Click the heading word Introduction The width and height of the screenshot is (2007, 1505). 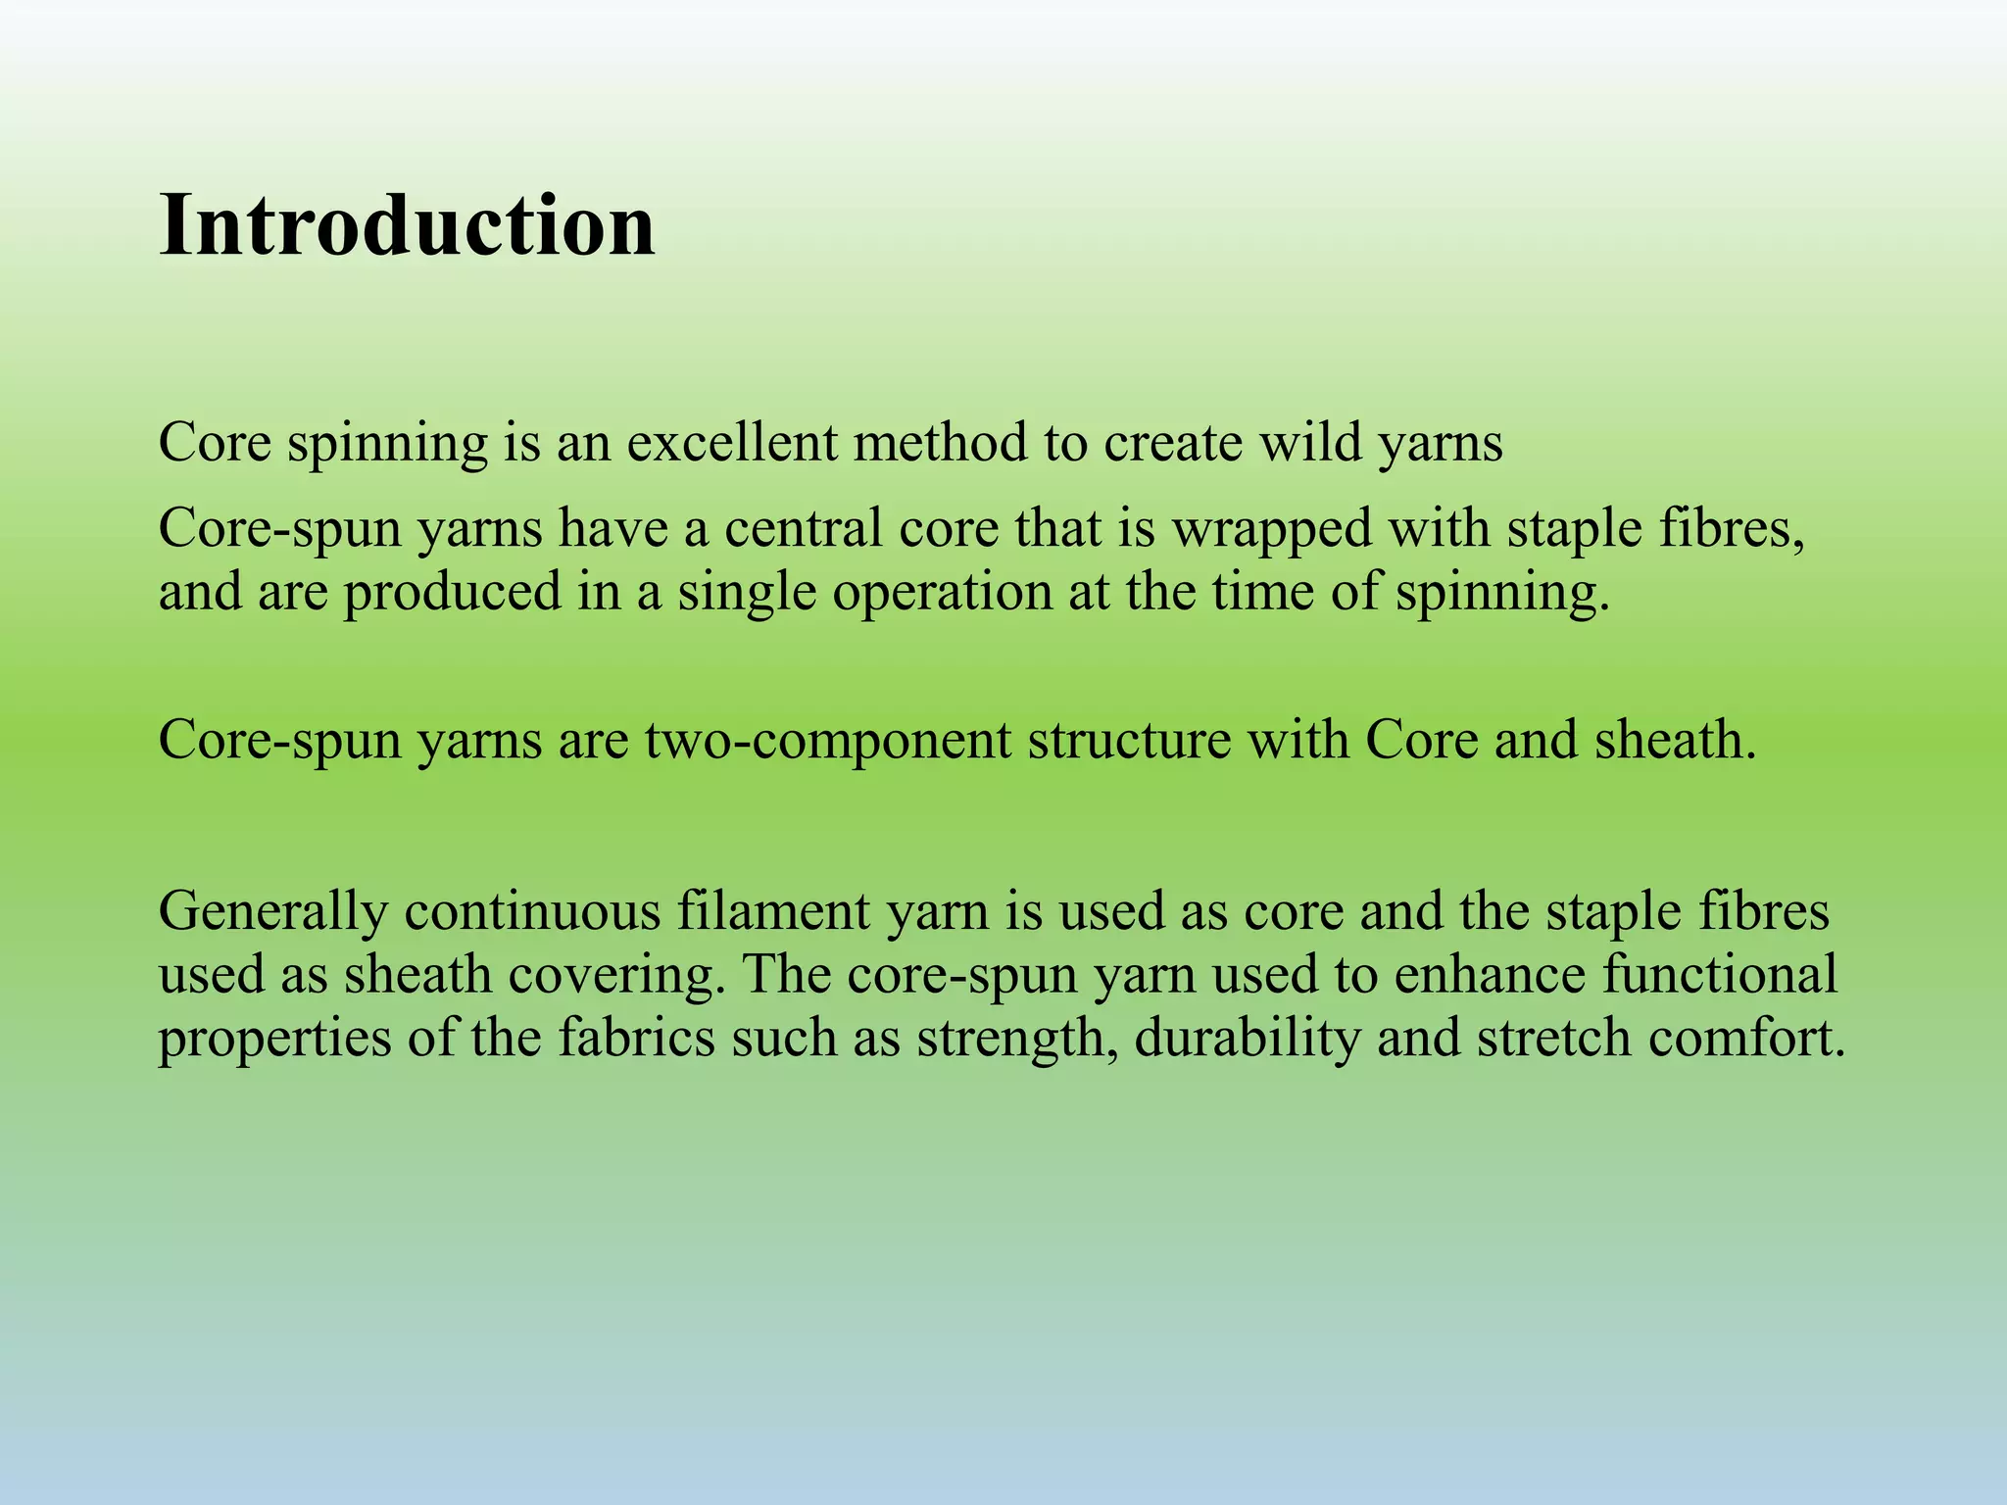click(x=407, y=226)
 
